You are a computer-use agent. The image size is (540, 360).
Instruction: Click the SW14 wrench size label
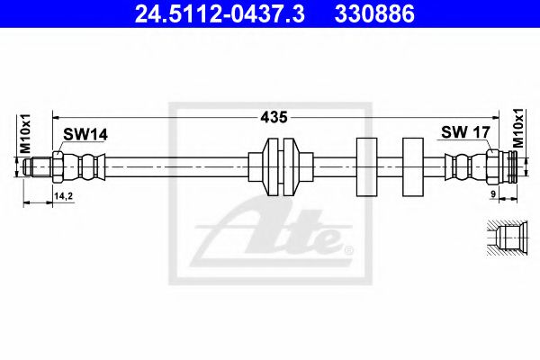point(85,134)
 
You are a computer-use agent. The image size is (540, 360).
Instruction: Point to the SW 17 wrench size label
point(463,132)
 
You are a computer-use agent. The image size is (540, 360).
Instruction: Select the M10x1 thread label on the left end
point(26,134)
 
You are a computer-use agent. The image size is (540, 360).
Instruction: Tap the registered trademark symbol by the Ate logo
point(348,247)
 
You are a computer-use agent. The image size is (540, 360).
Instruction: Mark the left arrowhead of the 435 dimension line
point(56,117)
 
